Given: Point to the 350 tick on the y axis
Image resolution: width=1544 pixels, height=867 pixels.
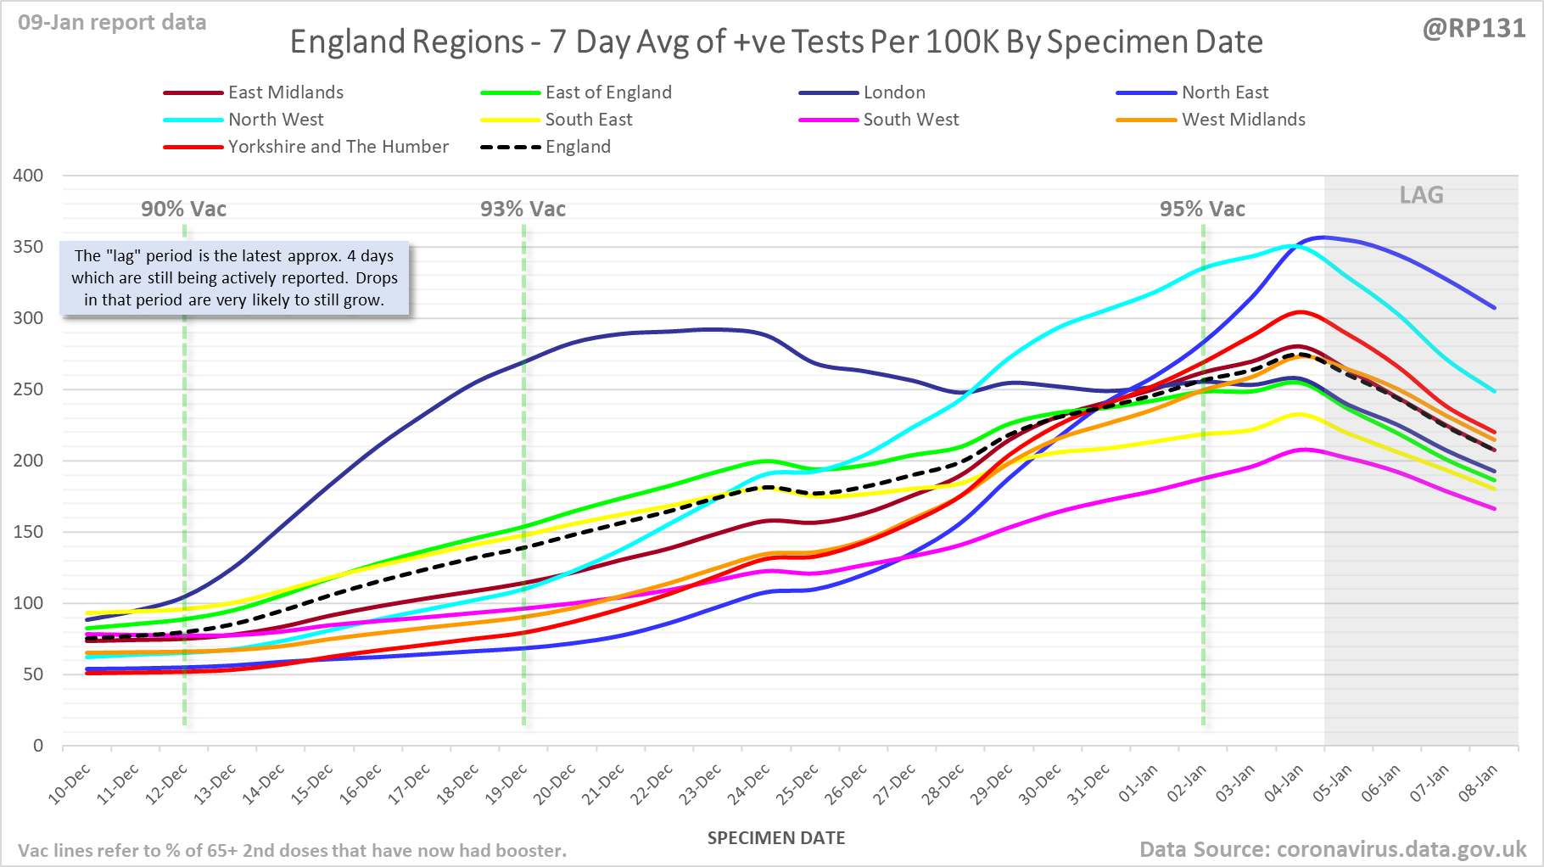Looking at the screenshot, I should pyautogui.click(x=28, y=247).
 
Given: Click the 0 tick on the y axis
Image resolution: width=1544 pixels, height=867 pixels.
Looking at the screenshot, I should pyautogui.click(x=37, y=746).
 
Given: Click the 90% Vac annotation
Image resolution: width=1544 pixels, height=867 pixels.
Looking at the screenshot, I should pyautogui.click(x=183, y=210).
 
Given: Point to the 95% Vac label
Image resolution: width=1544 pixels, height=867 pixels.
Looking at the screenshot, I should pyautogui.click(x=1202, y=210).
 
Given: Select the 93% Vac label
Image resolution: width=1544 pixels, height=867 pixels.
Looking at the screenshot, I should pyautogui.click(x=523, y=210).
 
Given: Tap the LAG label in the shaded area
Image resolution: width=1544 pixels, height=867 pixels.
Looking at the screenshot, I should pyautogui.click(x=1421, y=195).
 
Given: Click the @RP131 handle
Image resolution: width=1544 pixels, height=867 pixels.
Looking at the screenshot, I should pyautogui.click(x=1474, y=29).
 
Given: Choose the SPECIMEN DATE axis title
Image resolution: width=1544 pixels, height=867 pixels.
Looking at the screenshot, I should pyautogui.click(x=776, y=838).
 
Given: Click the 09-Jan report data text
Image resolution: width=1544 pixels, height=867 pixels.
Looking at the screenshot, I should pyautogui.click(x=112, y=23).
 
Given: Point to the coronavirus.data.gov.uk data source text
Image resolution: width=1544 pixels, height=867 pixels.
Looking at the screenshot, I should pyautogui.click(x=1333, y=849).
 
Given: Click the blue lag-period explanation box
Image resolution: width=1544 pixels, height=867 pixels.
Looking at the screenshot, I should pyautogui.click(x=234, y=278).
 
